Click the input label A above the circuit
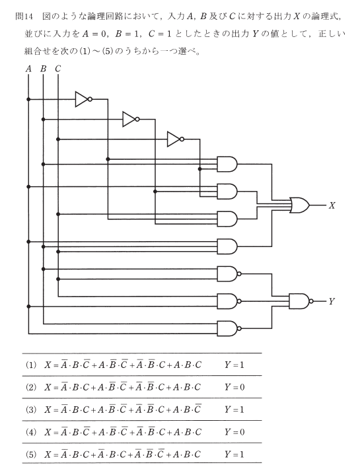coord(29,69)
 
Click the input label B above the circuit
coord(44,69)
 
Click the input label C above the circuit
coord(58,69)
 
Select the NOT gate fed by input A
coord(84,99)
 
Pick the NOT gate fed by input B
coord(131,119)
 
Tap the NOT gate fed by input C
coord(176,139)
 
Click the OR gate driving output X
coord(299,205)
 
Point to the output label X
coord(332,205)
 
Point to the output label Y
coord(332,301)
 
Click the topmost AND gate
coord(227,164)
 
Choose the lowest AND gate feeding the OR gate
coord(227,246)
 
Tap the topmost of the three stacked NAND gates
coord(229,274)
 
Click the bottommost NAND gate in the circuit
coord(229,328)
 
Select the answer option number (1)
coord(31,365)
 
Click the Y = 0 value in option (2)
coord(235,387)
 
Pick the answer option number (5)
coord(31,455)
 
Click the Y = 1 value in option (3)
coord(235,410)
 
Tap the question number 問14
coord(24,17)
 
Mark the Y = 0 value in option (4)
coord(235,432)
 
